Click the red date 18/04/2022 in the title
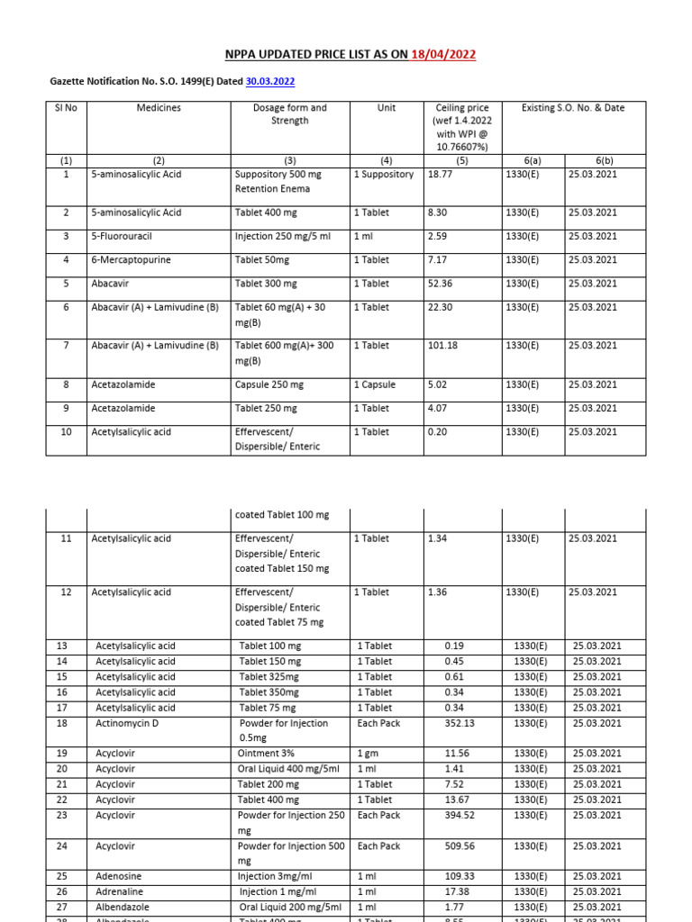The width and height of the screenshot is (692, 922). (443, 54)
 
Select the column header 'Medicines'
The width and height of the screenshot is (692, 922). (159, 107)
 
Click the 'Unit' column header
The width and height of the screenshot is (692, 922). (387, 107)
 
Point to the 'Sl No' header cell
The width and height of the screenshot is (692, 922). (66, 107)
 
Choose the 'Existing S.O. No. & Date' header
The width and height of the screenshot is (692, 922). (573, 107)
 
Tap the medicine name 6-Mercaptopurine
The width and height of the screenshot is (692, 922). (131, 260)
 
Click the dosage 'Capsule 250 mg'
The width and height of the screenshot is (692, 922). (269, 384)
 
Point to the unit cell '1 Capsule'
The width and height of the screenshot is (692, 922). (374, 384)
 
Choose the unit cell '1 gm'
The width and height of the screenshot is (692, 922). (368, 754)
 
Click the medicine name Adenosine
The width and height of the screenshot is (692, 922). (119, 876)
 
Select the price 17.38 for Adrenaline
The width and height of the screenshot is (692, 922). (459, 891)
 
